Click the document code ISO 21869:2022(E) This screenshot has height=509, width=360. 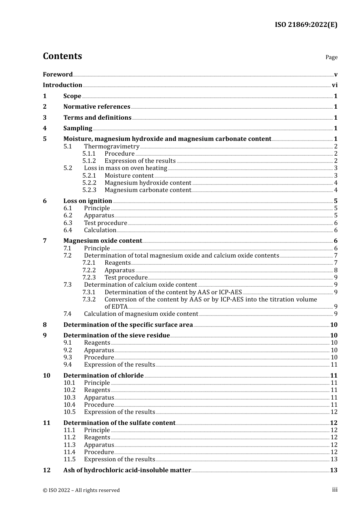pyautogui.click(x=306, y=25)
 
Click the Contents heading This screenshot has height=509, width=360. pyautogui.click(x=62, y=56)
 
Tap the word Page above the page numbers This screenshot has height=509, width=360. pyautogui.click(x=331, y=57)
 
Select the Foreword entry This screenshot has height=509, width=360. pyautogui.click(x=58, y=74)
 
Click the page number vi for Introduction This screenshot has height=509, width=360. pyautogui.click(x=335, y=85)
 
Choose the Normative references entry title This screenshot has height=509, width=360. pyautogui.click(x=97, y=107)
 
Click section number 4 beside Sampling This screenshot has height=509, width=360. pyautogui.click(x=45, y=128)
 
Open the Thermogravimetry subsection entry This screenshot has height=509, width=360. pyautogui.click(x=111, y=147)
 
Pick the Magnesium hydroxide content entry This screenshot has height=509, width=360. pyautogui.click(x=148, y=183)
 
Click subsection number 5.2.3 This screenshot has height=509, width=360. pyautogui.click(x=89, y=190)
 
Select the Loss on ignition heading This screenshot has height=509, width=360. pyautogui.click(x=88, y=201)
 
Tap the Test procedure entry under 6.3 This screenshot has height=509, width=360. pyautogui.click(x=105, y=223)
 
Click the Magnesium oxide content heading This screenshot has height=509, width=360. pyautogui.click(x=102, y=241)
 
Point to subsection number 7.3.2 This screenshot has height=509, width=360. pyautogui.click(x=89, y=300)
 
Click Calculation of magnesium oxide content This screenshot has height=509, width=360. pyautogui.click(x=141, y=314)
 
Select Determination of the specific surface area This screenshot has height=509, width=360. pyautogui.click(x=128, y=325)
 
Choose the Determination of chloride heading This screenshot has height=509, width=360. pyautogui.click(x=103, y=376)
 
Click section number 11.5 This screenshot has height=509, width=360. pyautogui.click(x=69, y=459)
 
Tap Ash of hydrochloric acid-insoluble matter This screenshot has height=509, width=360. pyautogui.click(x=127, y=470)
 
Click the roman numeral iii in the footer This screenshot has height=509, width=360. pyautogui.click(x=335, y=490)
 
